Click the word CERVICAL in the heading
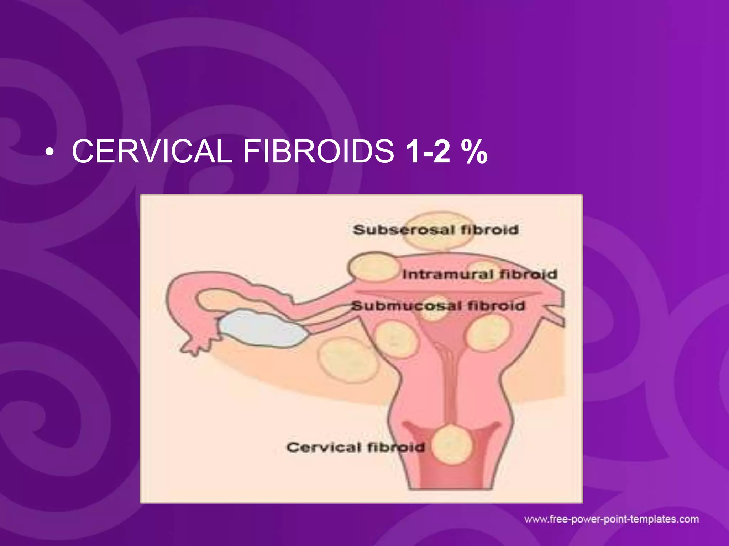click(x=152, y=151)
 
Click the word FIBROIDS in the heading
click(x=319, y=151)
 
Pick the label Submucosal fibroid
click(x=438, y=306)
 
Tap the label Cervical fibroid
click(x=356, y=447)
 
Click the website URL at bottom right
click(x=612, y=519)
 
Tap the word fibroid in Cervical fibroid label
click(x=396, y=447)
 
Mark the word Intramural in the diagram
click(x=447, y=274)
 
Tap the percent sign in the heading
click(x=474, y=151)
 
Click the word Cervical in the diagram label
click(x=324, y=447)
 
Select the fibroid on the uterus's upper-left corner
click(x=372, y=267)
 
